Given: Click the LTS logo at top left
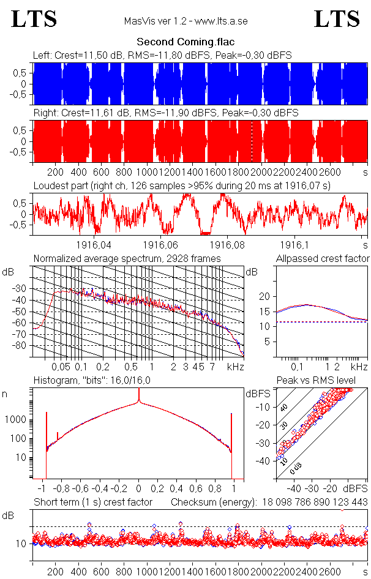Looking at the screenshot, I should point(34,19).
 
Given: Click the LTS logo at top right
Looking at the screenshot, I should point(337,19).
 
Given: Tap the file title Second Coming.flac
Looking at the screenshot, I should point(185,42).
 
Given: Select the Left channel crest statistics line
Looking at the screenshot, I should point(162,55).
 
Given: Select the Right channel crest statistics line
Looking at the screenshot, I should point(165,113).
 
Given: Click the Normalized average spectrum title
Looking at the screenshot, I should point(127,259).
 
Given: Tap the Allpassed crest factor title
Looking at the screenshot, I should point(323,259).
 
